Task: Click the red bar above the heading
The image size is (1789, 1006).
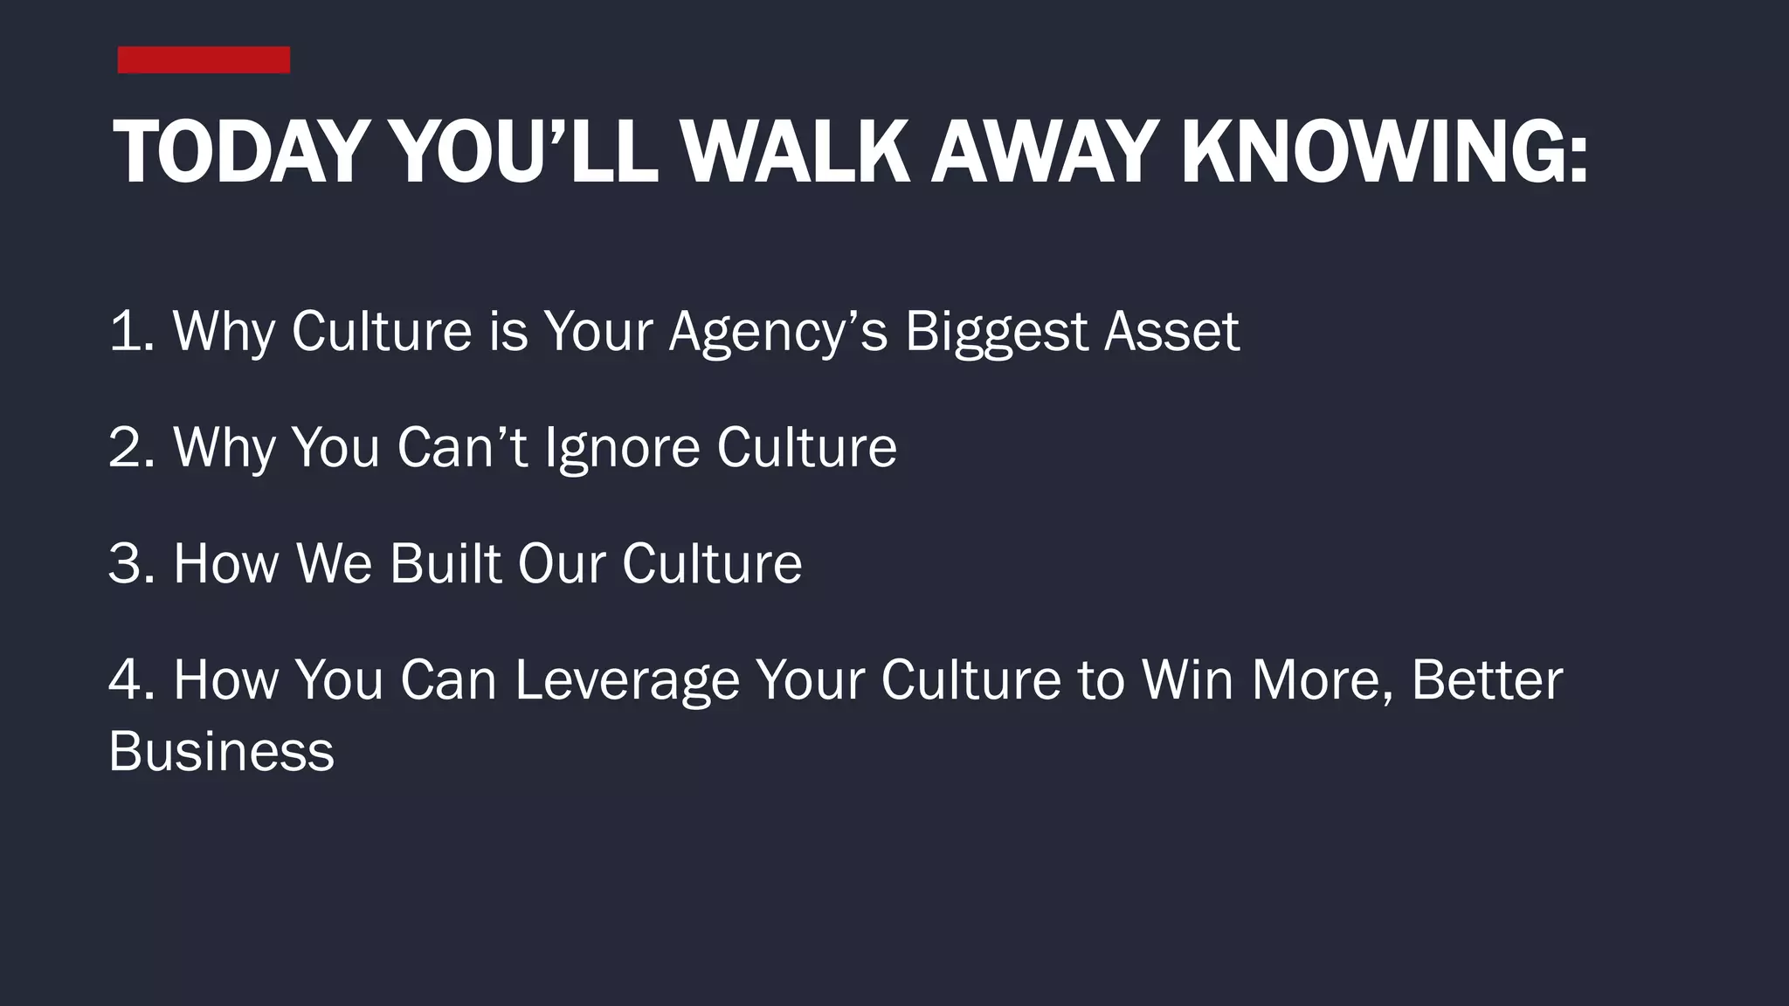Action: pyautogui.click(x=204, y=60)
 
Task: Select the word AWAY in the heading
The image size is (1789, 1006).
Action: pyautogui.click(x=1045, y=153)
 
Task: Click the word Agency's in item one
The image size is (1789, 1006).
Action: pyautogui.click(x=777, y=333)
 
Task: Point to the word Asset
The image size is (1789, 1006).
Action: pyautogui.click(x=1171, y=331)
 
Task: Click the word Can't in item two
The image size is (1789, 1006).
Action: pyautogui.click(x=462, y=447)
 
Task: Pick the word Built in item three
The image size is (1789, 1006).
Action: pyautogui.click(x=445, y=563)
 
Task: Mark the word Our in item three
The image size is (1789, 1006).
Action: pyautogui.click(x=561, y=563)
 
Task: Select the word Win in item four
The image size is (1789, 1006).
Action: pyautogui.click(x=1187, y=679)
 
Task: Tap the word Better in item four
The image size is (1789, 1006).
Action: pyautogui.click(x=1486, y=679)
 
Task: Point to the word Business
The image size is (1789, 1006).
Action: pyautogui.click(x=221, y=751)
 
